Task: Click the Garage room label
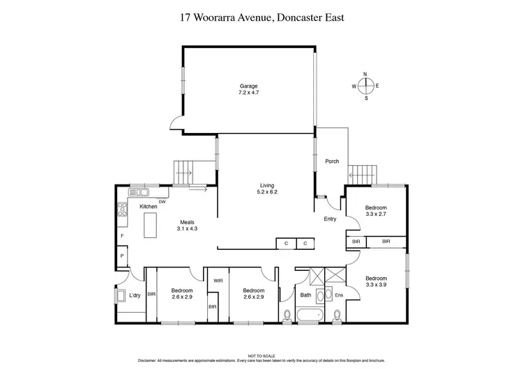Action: [248, 86]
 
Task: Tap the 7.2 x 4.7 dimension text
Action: [248, 92]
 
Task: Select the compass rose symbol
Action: [366, 86]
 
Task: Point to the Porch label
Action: [332, 162]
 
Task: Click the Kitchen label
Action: [148, 207]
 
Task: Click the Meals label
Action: [188, 222]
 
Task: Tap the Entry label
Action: [330, 219]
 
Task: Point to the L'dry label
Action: [135, 295]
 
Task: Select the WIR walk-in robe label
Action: [217, 281]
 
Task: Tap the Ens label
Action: [340, 296]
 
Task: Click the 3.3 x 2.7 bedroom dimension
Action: [376, 214]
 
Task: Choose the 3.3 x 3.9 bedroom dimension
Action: [376, 285]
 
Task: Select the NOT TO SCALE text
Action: [261, 356]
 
